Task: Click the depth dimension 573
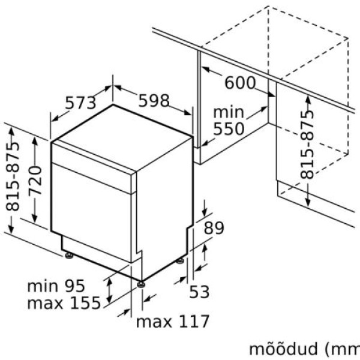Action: [80, 103]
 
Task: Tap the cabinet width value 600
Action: [240, 83]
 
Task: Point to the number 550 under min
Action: [229, 128]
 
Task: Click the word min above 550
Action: [229, 112]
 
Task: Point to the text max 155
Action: [64, 303]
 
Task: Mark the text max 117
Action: [173, 322]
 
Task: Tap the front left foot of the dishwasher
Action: [70, 256]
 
